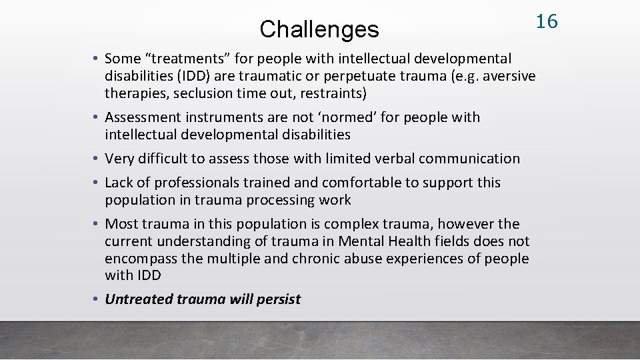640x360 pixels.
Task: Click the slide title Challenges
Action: [x=319, y=29]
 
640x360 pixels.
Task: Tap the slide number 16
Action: [x=547, y=21]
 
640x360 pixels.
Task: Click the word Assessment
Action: [x=142, y=117]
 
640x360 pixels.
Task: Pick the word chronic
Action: [x=316, y=259]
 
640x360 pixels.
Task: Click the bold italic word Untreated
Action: [x=139, y=299]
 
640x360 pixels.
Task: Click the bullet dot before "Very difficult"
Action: [x=97, y=159]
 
